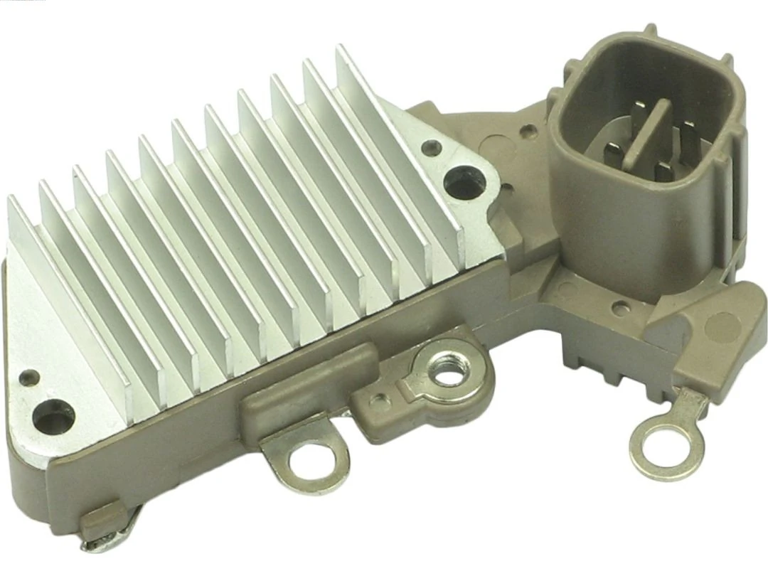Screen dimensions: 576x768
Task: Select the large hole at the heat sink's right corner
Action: click(465, 181)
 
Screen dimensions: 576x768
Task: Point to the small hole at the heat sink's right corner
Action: click(427, 148)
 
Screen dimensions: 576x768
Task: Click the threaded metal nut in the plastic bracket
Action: click(448, 370)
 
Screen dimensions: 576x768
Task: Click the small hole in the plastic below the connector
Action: click(621, 309)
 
